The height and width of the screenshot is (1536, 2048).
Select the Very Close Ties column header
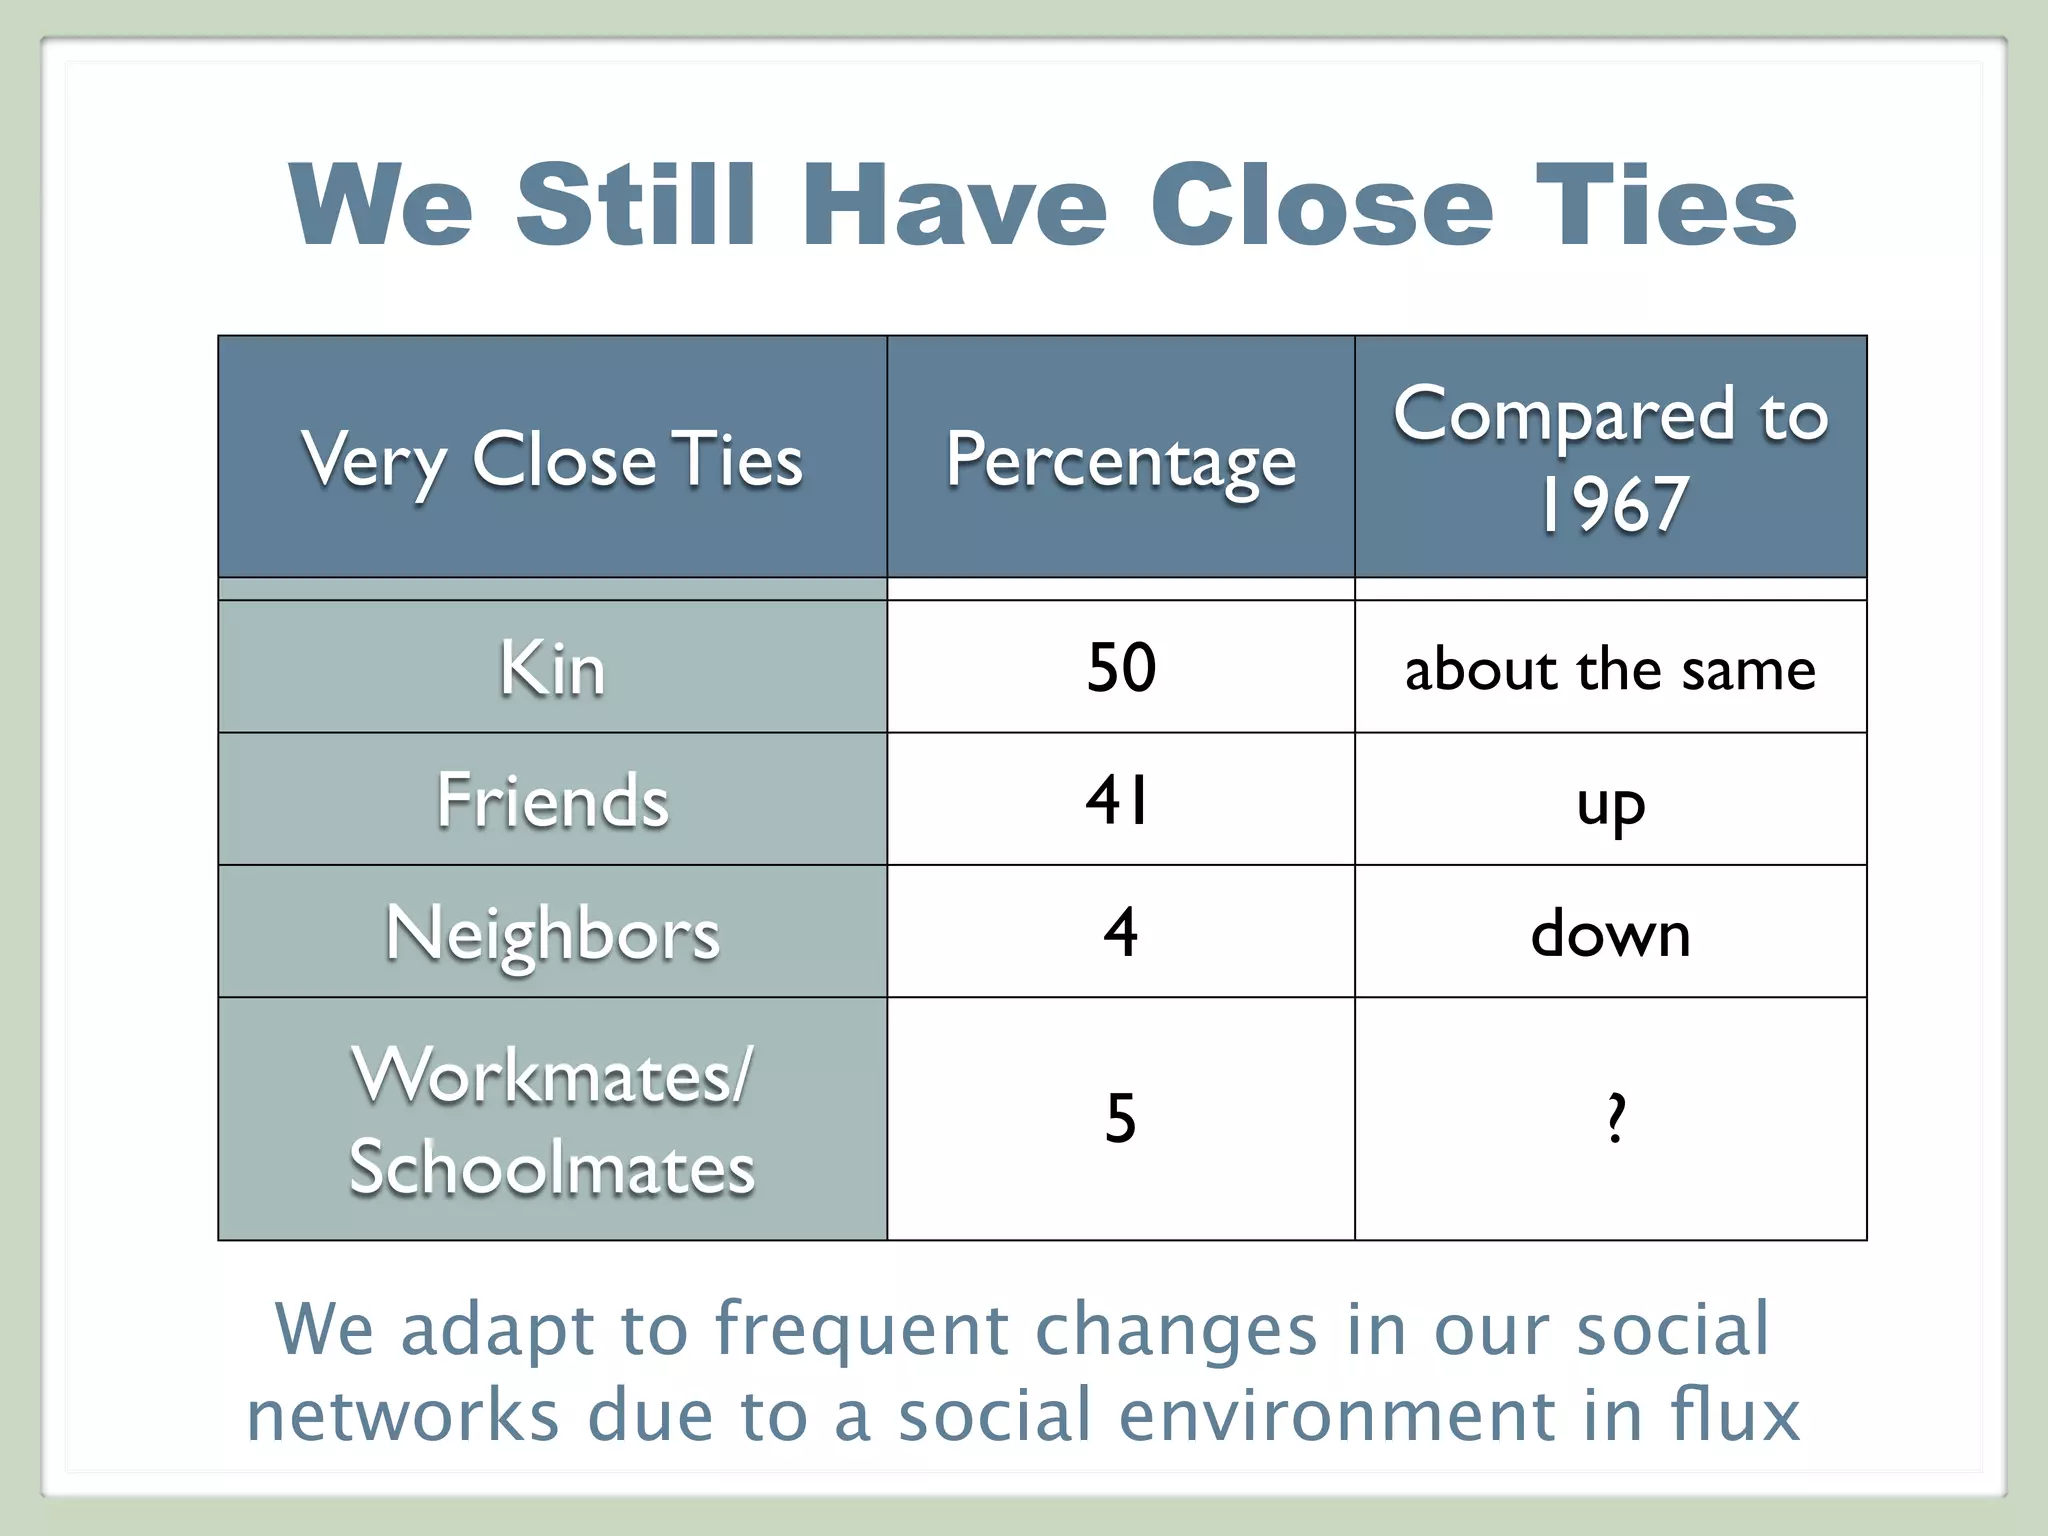(x=552, y=460)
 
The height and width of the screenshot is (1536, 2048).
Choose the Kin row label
(x=552, y=668)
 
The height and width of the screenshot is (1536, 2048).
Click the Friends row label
(x=552, y=800)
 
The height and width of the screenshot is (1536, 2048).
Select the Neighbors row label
(x=552, y=933)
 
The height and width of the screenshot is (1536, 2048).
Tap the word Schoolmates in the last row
(x=552, y=1167)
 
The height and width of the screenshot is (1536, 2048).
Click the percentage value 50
(x=1121, y=667)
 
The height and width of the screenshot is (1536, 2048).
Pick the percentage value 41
(x=1118, y=800)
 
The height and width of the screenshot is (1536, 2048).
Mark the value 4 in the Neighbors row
(x=1120, y=932)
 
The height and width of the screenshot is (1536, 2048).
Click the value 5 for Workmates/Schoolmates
(x=1120, y=1118)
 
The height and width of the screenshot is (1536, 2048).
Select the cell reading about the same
(x=1610, y=669)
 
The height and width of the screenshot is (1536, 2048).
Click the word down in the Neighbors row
(x=1610, y=933)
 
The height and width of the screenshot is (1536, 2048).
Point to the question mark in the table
(x=1615, y=1118)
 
